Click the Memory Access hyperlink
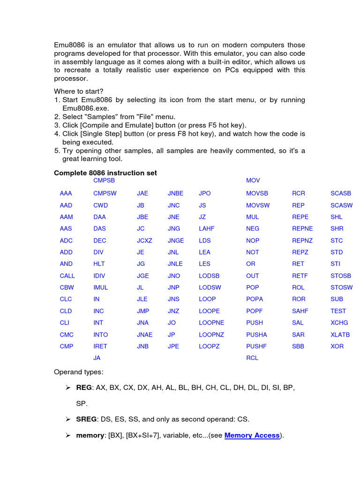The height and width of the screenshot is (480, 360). pyautogui.click(x=252, y=435)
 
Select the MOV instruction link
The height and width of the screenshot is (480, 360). pyautogui.click(x=253, y=180)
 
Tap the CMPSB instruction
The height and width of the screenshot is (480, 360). pyautogui.click(x=104, y=180)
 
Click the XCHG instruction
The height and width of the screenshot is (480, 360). pyautogui.click(x=339, y=322)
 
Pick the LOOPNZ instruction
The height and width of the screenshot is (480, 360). pyautogui.click(x=211, y=335)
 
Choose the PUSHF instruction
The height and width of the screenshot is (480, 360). pyautogui.click(x=256, y=346)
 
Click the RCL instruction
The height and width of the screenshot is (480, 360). pyautogui.click(x=252, y=358)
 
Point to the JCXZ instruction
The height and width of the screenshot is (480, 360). pyautogui.click(x=145, y=240)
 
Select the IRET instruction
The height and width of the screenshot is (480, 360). pyautogui.click(x=100, y=346)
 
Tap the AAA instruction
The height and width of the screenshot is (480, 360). pyautogui.click(x=66, y=193)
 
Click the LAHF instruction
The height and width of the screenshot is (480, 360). pyautogui.click(x=206, y=229)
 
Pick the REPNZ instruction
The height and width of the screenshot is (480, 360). pyautogui.click(x=302, y=240)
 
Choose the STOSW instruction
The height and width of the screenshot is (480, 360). pyautogui.click(x=341, y=287)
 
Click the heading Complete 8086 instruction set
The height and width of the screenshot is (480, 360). pyautogui.click(x=105, y=173)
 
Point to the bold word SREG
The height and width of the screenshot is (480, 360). pyautogui.click(x=86, y=419)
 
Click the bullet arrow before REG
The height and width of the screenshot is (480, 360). pyautogui.click(x=67, y=388)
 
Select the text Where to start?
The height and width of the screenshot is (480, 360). pyautogui.click(x=79, y=91)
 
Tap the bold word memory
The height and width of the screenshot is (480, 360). pyautogui.click(x=90, y=435)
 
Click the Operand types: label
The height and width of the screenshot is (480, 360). pyautogui.click(x=79, y=372)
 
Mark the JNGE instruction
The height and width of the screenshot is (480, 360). pyautogui.click(x=176, y=240)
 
